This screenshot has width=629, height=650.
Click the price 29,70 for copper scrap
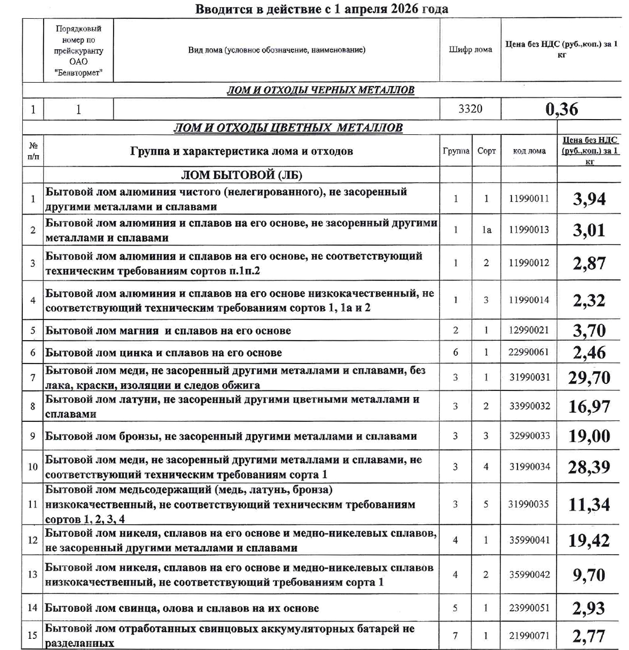tap(589, 378)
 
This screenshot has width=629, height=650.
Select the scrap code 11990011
tap(529, 199)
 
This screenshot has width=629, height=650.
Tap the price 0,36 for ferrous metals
tap(562, 109)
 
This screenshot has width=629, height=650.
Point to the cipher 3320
tap(470, 109)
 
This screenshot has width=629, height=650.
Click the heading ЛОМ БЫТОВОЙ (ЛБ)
tap(241, 175)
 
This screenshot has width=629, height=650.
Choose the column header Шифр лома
tap(470, 50)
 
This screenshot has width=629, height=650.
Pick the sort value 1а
tap(486, 230)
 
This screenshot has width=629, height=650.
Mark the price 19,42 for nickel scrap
tap(589, 540)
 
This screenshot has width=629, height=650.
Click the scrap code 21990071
tap(529, 636)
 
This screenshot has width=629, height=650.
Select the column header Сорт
tap(486, 151)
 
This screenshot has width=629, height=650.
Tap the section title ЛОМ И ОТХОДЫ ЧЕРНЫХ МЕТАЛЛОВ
tap(320, 90)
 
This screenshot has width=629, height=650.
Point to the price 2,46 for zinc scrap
tap(589, 352)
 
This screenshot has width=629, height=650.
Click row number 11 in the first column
tap(33, 504)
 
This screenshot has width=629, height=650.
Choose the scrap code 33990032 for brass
tap(529, 406)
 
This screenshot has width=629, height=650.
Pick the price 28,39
tap(589, 467)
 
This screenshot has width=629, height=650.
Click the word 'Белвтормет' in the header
tap(79, 73)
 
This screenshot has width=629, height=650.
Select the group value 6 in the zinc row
tap(456, 352)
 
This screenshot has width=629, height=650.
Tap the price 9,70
tap(589, 575)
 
